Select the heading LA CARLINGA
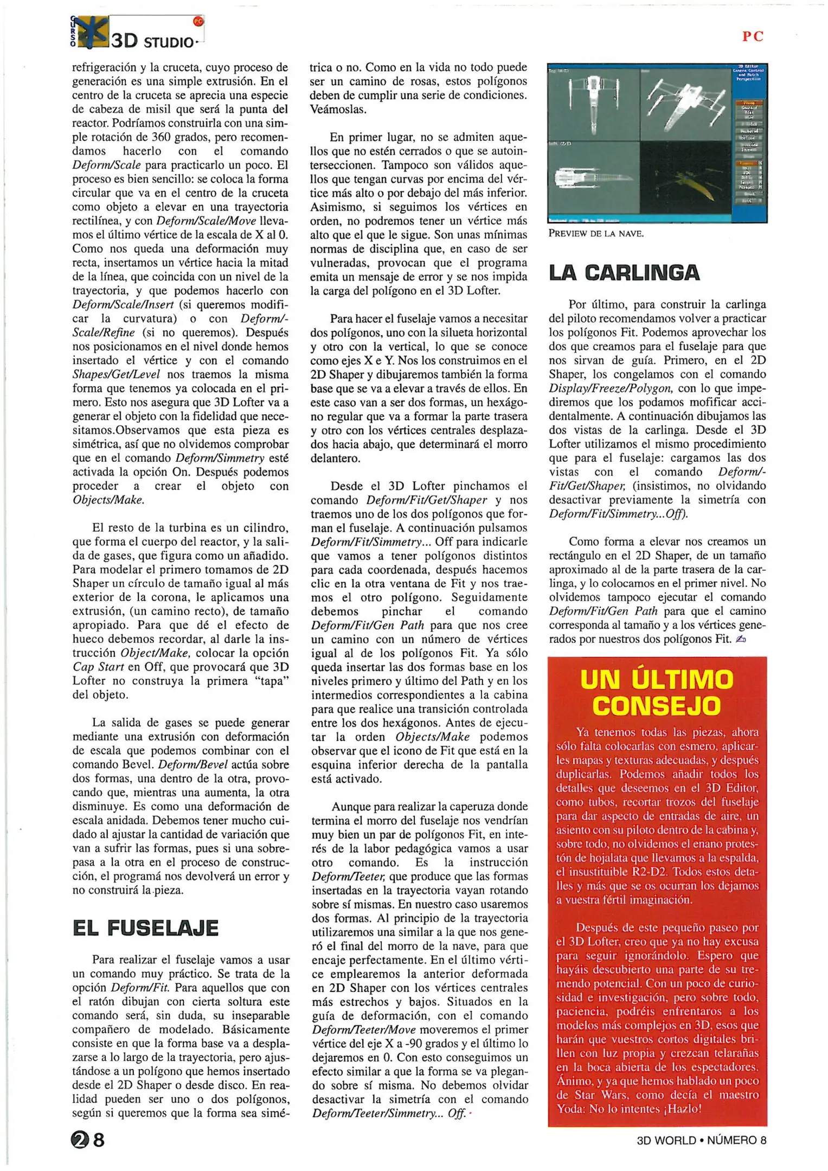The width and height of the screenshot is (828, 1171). pyautogui.click(x=624, y=273)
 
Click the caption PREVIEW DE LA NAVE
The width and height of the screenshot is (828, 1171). pyautogui.click(x=596, y=234)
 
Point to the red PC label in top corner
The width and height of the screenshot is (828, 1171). pyautogui.click(x=753, y=36)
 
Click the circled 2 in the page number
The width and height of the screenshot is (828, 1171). pyautogui.click(x=79, y=1140)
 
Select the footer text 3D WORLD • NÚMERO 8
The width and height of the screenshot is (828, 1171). pyautogui.click(x=701, y=1140)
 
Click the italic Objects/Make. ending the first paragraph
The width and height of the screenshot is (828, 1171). pyautogui.click(x=108, y=500)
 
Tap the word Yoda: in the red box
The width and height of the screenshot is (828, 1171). pyautogui.click(x=571, y=1109)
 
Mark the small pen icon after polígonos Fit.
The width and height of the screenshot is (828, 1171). pyautogui.click(x=741, y=639)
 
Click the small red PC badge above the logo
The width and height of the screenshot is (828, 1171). pyautogui.click(x=198, y=22)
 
